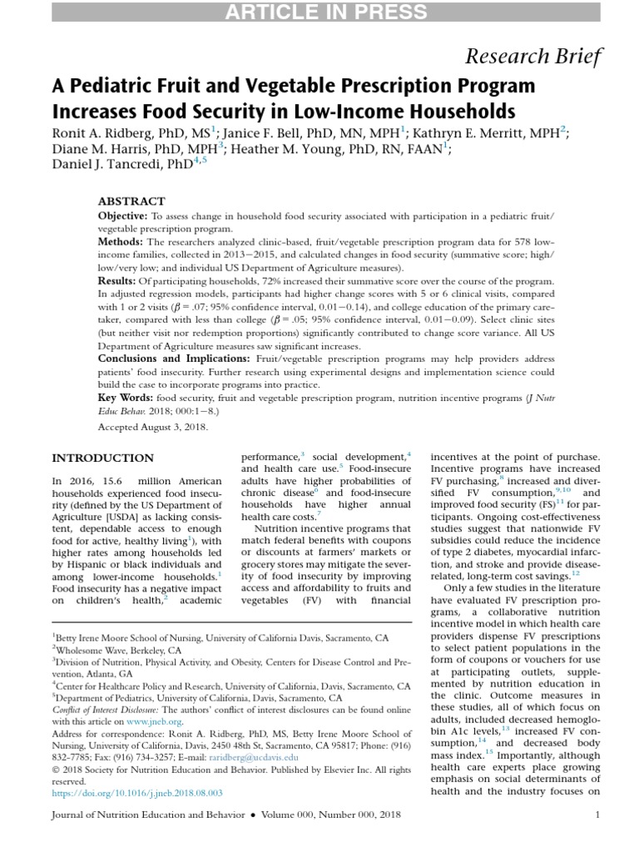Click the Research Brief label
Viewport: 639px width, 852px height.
pyautogui.click(x=532, y=57)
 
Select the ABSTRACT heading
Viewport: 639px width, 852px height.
pyautogui.click(x=131, y=201)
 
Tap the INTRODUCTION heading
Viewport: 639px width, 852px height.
pyautogui.click(x=102, y=458)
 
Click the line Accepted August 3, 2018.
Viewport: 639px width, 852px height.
pyautogui.click(x=153, y=426)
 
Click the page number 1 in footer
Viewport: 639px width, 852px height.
pyautogui.click(x=597, y=817)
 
